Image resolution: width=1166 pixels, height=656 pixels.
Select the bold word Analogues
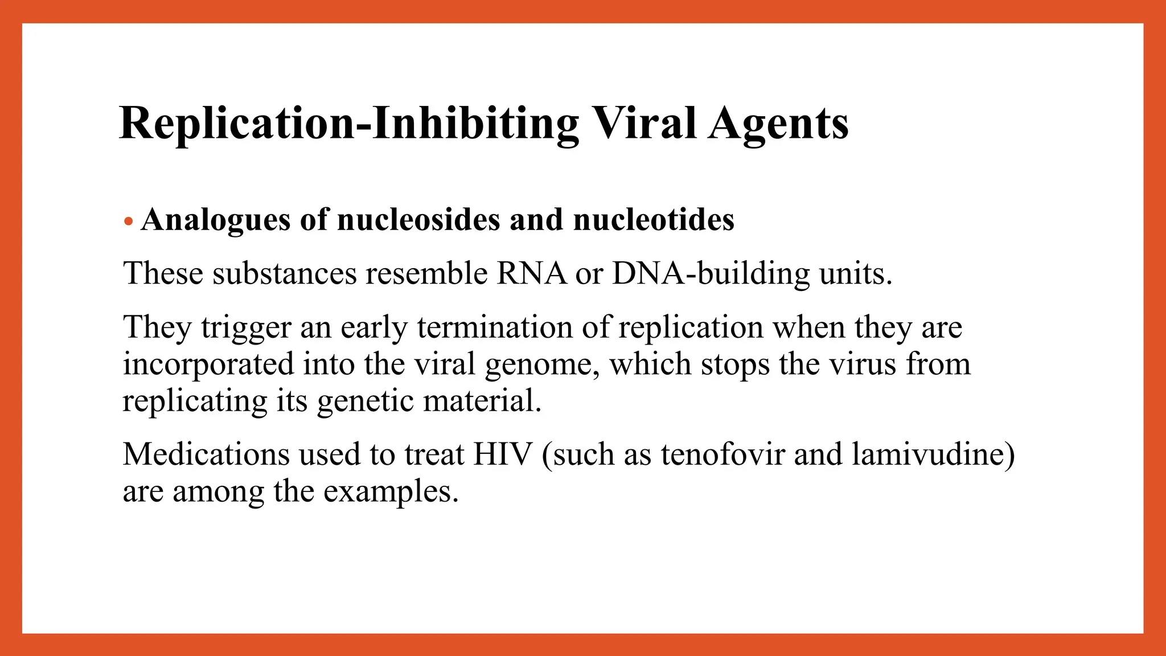(215, 220)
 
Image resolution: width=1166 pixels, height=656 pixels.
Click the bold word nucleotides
(653, 220)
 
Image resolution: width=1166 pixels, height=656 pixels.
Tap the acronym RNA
(531, 273)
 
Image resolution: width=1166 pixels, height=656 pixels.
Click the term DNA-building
(710, 273)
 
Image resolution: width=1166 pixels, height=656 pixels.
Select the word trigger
(246, 328)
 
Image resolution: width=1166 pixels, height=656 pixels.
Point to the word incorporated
(208, 364)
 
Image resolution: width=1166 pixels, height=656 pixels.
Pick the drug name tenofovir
(722, 454)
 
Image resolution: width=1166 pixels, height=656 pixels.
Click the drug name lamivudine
(933, 454)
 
